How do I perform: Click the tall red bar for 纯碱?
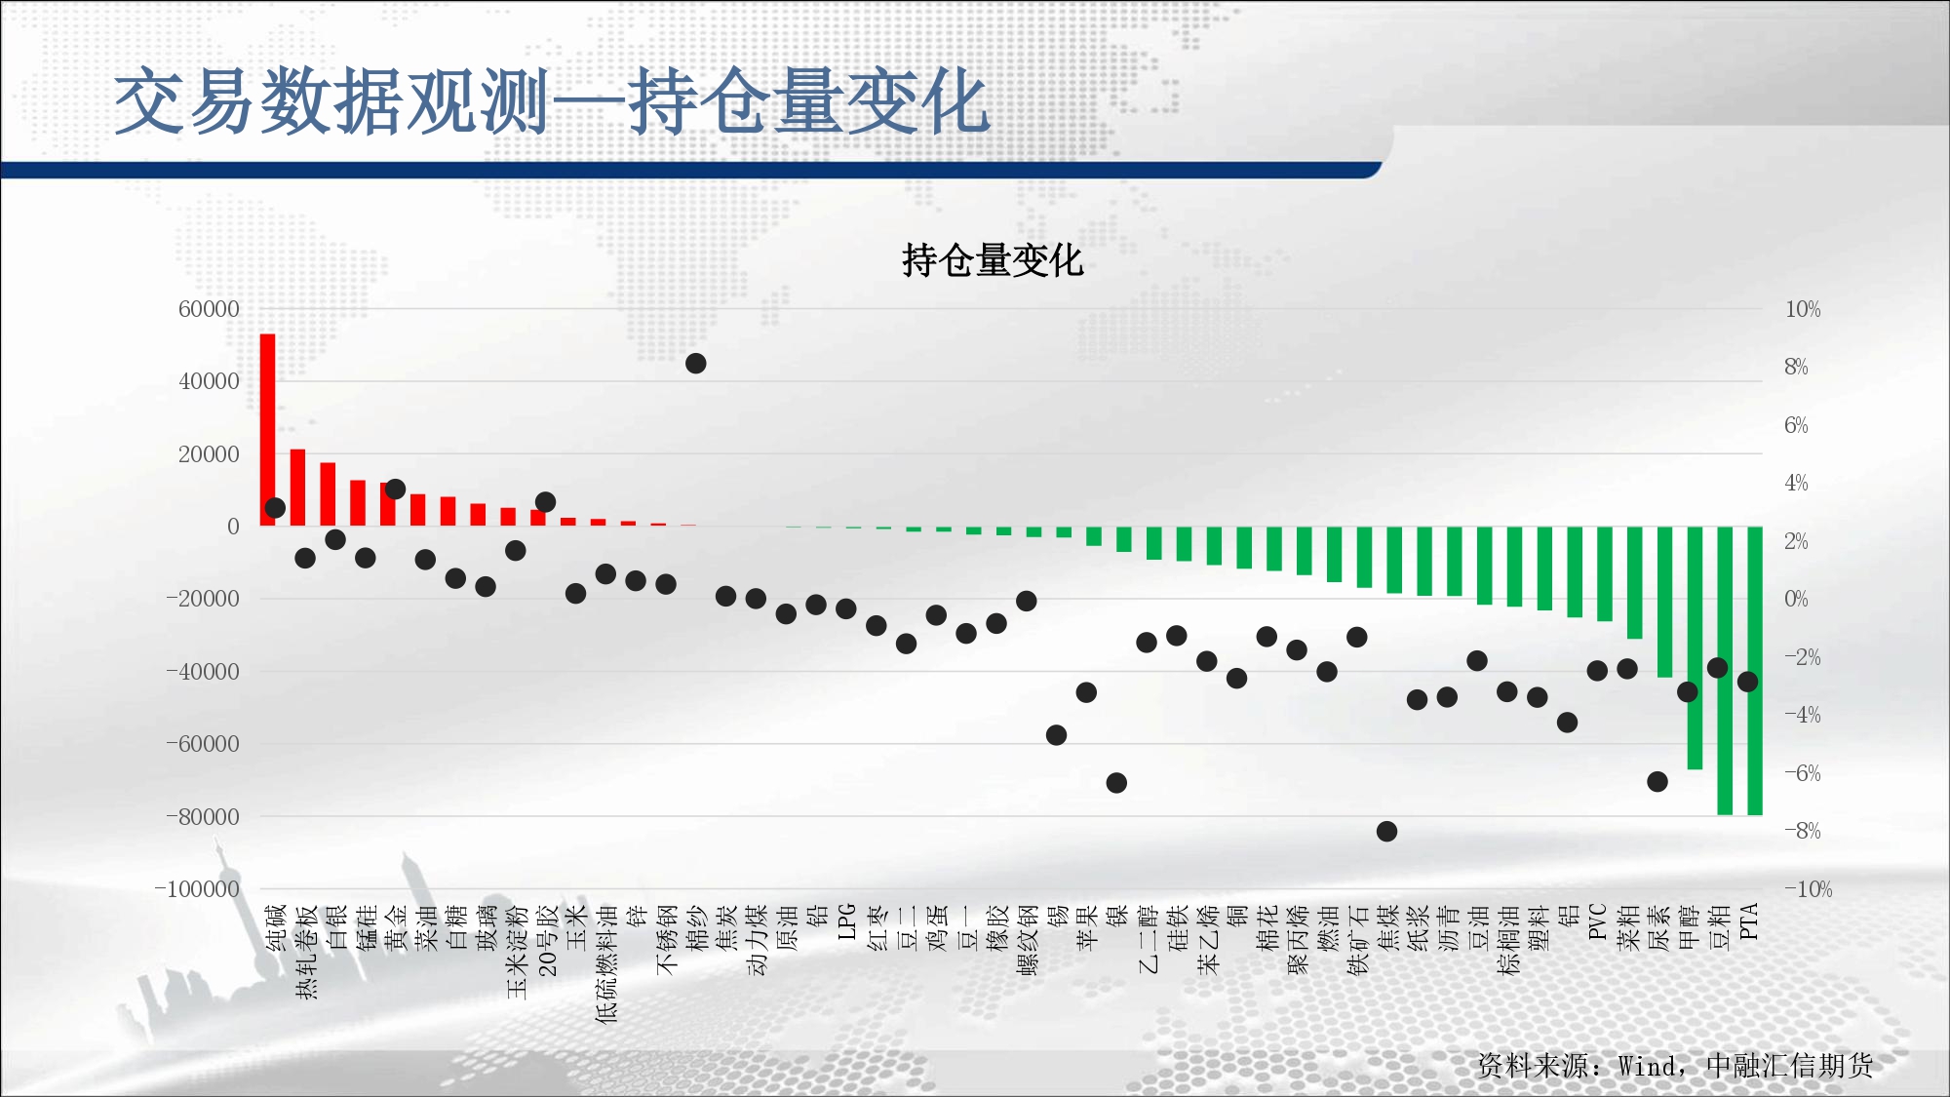click(267, 430)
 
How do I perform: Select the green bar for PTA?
click(1755, 671)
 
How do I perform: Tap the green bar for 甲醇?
click(1695, 647)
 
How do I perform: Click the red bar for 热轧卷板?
click(297, 488)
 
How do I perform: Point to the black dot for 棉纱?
click(695, 364)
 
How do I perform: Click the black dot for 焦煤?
click(1386, 832)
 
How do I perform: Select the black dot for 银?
click(1116, 783)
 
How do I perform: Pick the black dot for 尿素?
click(1657, 782)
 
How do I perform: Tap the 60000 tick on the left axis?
click(209, 309)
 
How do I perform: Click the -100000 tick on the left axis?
click(197, 889)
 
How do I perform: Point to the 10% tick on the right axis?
click(1803, 309)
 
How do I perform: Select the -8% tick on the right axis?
click(1803, 831)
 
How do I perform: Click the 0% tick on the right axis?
click(1796, 599)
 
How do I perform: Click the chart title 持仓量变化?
click(993, 260)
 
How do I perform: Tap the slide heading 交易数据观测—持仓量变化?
click(552, 101)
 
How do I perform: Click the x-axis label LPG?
click(846, 921)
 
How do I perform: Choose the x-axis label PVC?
click(1597, 921)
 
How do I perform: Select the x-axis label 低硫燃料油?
click(606, 963)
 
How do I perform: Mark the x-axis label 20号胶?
click(546, 940)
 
